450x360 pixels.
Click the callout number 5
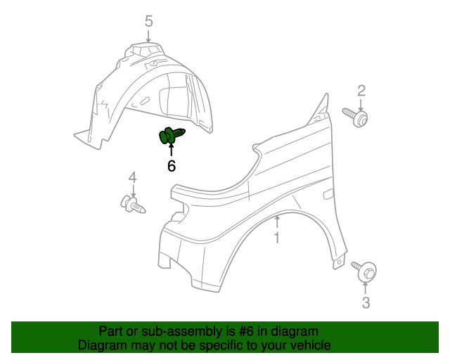pos(148,21)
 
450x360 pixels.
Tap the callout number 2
pos(361,91)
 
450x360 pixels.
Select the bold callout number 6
pos(172,166)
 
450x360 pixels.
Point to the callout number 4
pos(133,178)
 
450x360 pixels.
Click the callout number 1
pos(276,238)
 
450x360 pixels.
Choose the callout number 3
pos(366,302)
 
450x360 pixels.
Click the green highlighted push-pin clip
pos(172,135)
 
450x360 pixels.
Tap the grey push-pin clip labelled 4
pos(133,204)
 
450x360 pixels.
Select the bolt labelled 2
pos(356,117)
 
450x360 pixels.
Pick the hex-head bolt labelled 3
pos(365,270)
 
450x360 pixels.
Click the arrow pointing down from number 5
pos(148,36)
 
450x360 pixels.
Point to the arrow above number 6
pos(172,149)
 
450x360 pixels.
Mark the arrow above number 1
pos(277,222)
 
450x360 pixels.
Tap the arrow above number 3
pos(366,288)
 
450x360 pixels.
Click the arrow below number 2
pos(361,105)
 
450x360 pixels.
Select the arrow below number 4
pos(133,191)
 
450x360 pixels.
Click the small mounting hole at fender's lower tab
pos(339,262)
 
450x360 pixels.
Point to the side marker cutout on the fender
pos(328,194)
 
